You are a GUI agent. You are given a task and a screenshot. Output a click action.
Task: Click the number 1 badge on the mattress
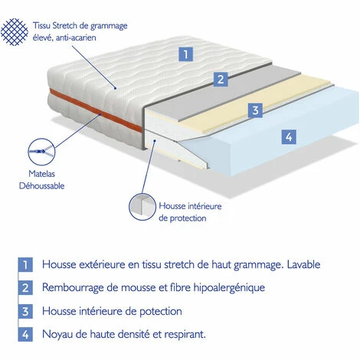pos(185,54)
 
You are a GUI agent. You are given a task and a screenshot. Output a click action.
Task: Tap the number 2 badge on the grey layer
pos(221,79)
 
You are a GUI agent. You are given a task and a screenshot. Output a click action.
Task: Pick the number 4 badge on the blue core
pos(289,138)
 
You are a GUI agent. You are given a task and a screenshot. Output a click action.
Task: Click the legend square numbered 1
pos(26,265)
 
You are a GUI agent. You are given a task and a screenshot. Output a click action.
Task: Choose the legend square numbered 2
pos(26,289)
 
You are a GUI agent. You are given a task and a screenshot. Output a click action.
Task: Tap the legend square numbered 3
pos(26,312)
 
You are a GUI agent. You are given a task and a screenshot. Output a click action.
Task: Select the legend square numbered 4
pos(26,335)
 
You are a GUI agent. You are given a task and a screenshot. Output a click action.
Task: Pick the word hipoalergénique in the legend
pos(221,289)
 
